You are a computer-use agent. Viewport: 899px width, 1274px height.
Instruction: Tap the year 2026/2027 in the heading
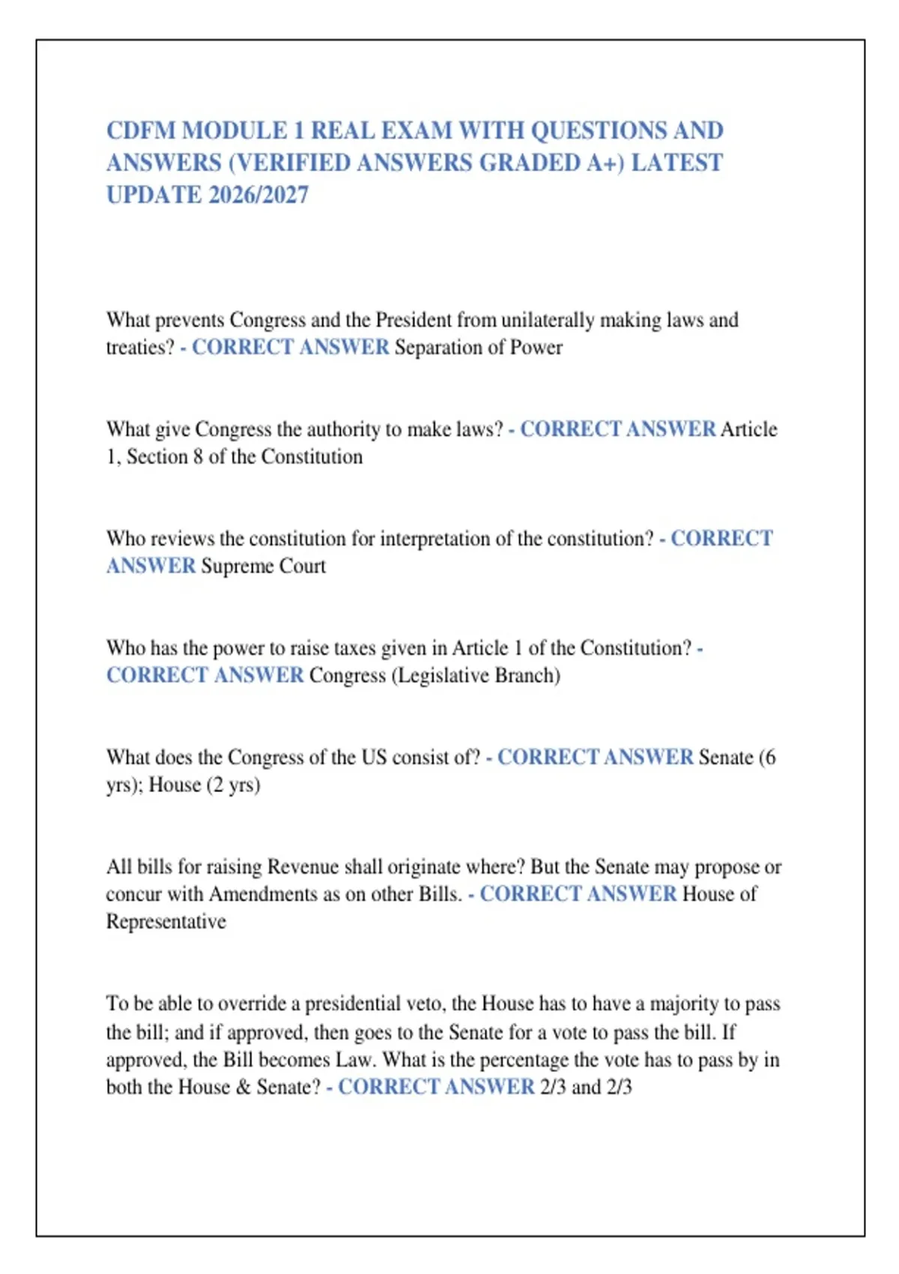pyautogui.click(x=258, y=195)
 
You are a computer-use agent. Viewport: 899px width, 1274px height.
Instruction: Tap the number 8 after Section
pyautogui.click(x=198, y=456)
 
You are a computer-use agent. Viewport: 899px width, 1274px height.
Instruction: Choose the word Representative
pyautogui.click(x=166, y=921)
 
